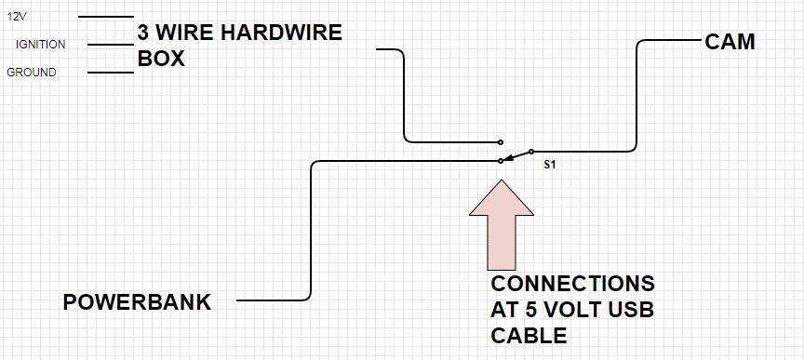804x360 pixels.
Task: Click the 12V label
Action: coord(17,17)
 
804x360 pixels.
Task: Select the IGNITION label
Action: coord(41,45)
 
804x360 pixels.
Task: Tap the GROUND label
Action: coord(32,73)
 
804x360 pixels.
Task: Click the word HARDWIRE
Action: coord(281,33)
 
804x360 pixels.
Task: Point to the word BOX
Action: coord(161,59)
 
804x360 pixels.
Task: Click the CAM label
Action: coord(730,42)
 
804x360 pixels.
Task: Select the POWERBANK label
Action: coord(137,302)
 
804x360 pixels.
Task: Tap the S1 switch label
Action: coord(550,166)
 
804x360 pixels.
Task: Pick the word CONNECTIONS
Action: coord(572,283)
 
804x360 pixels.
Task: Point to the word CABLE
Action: coord(529,336)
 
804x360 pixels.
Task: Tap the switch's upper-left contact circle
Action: coord(501,142)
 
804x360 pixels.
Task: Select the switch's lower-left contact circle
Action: coord(501,161)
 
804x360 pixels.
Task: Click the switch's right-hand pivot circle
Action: coord(531,152)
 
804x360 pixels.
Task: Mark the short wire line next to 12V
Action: coord(106,17)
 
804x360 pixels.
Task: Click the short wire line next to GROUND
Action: coord(110,73)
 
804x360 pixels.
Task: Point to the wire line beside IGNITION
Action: coord(110,45)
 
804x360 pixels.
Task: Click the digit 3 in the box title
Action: coord(142,33)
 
